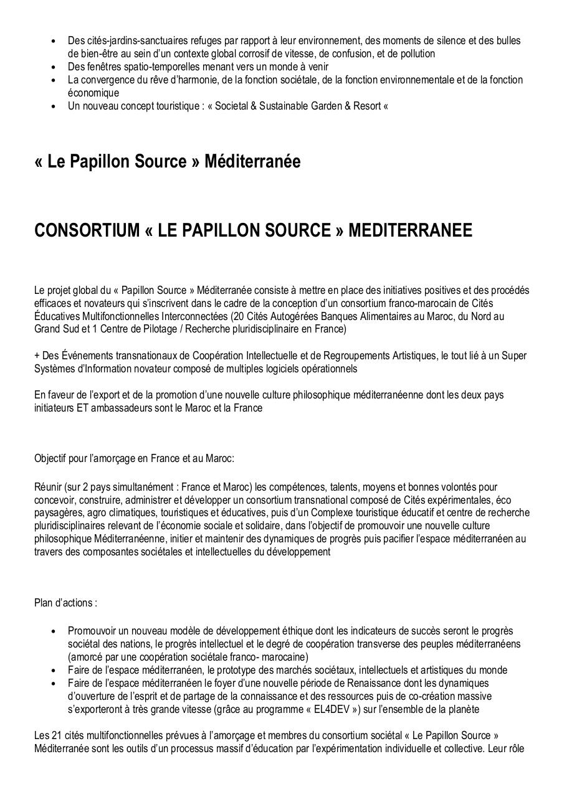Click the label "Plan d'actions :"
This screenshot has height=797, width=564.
(65, 603)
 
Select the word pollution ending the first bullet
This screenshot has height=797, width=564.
(414, 54)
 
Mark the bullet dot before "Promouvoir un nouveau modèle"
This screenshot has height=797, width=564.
(54, 631)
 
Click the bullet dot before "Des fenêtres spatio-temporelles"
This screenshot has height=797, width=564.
(54, 67)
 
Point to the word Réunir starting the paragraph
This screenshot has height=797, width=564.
(47, 487)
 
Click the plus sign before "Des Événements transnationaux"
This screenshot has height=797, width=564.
(37, 356)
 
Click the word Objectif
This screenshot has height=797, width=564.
(52, 458)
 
